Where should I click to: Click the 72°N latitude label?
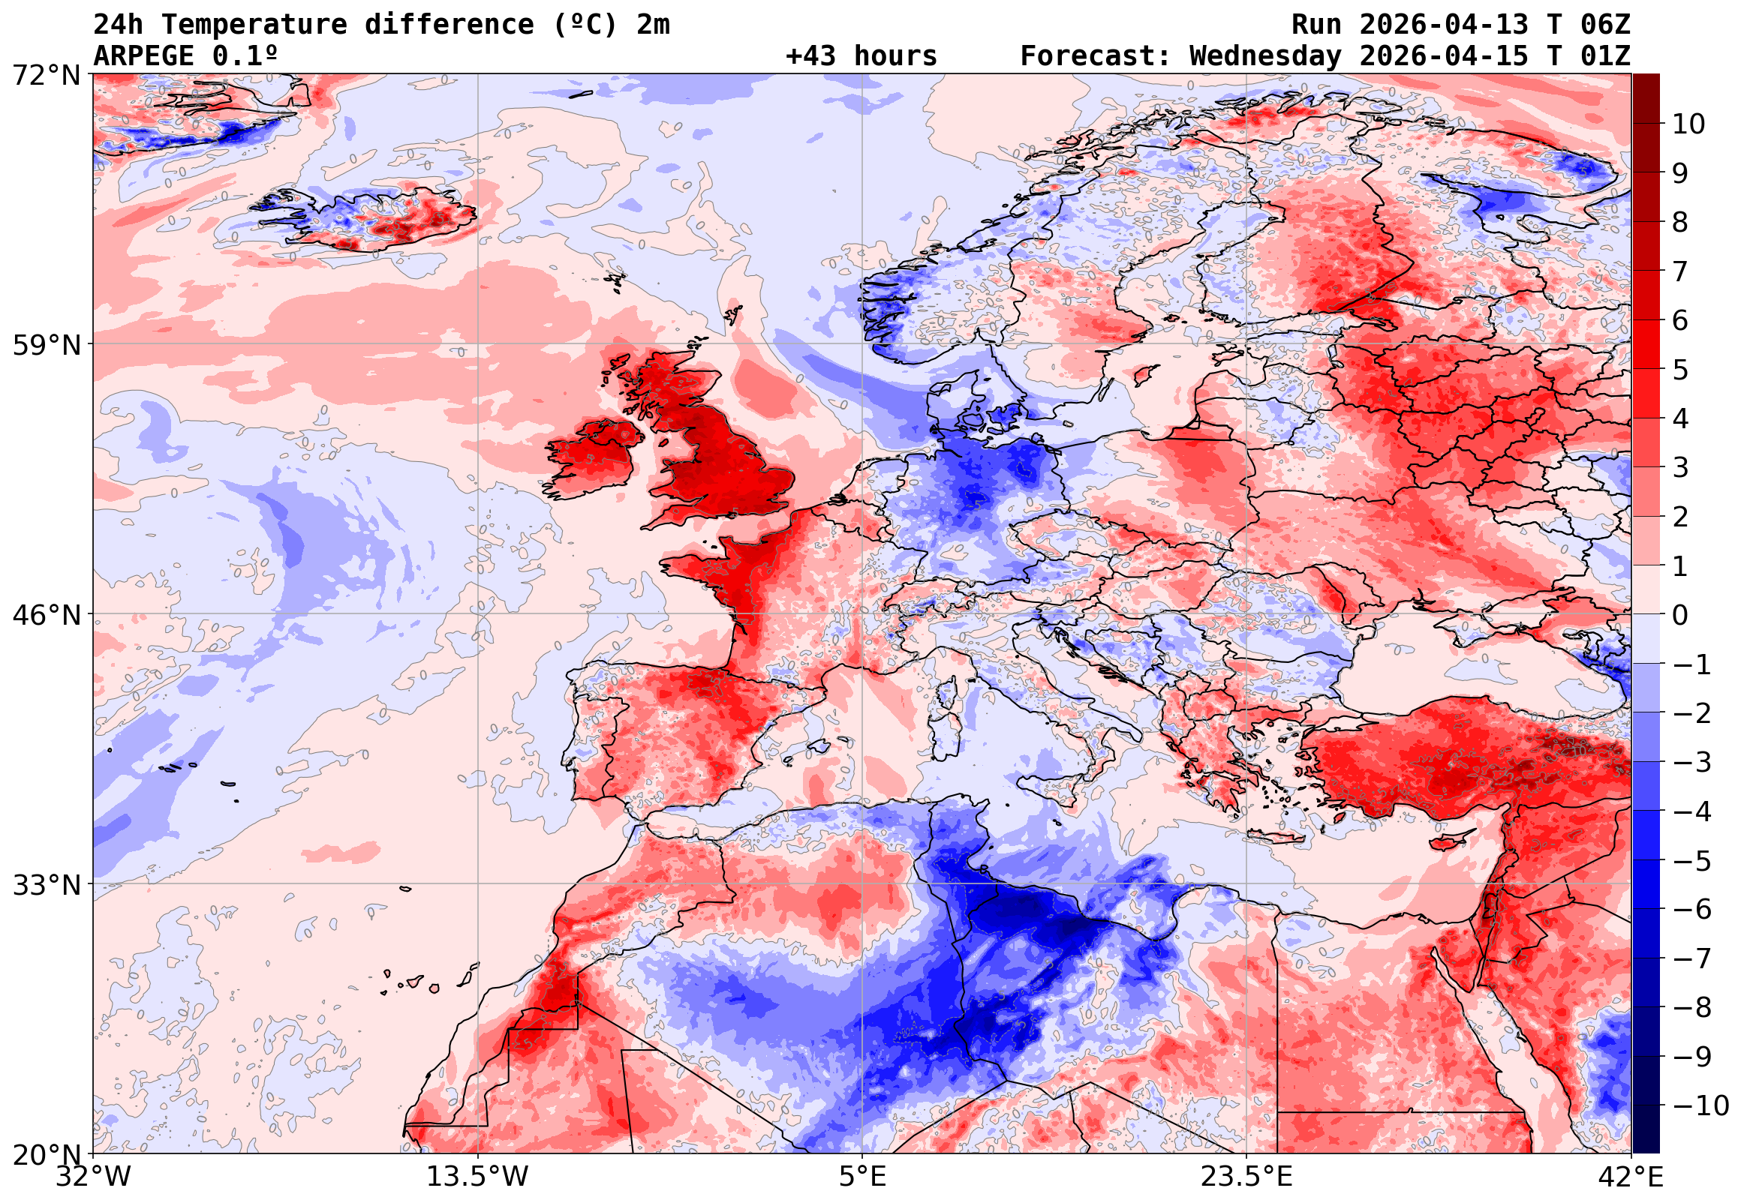[x=46, y=76]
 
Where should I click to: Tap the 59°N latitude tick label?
[x=46, y=345]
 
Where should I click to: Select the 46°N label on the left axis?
[x=46, y=615]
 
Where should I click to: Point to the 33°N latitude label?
[x=46, y=885]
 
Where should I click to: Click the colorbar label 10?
[x=1688, y=124]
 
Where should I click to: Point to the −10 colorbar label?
[x=1700, y=1105]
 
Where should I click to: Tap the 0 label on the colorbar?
[x=1680, y=615]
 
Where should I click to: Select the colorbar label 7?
[x=1680, y=271]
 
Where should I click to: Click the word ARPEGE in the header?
[x=144, y=56]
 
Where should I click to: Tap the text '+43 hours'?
[x=861, y=56]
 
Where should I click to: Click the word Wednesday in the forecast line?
[x=1265, y=56]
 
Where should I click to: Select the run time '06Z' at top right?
[x=1605, y=25]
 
